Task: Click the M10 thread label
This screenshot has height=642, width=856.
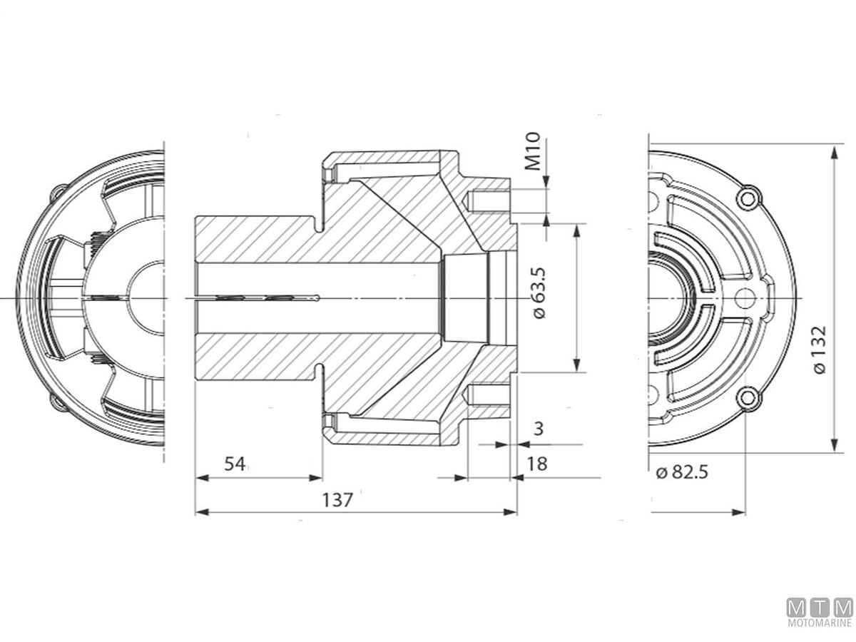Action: click(x=532, y=151)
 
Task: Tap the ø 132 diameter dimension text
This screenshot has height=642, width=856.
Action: click(x=820, y=350)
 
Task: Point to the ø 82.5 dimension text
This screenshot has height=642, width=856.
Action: click(x=682, y=472)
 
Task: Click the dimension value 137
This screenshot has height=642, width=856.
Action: click(x=337, y=500)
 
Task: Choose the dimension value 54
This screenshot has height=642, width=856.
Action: click(x=235, y=464)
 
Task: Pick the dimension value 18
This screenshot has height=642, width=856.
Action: click(x=537, y=464)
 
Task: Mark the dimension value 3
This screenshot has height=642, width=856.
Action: click(x=539, y=429)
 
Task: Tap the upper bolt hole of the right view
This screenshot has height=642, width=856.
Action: click(x=747, y=198)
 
